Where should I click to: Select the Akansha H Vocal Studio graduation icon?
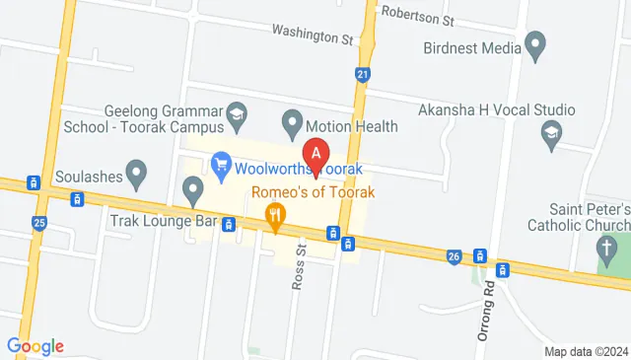pos(551,132)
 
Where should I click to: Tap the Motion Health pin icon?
pos(292,124)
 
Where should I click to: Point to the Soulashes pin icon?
pos(138,174)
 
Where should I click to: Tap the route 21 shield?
pos(363,74)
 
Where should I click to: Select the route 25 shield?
pos(39,224)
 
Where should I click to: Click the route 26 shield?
pos(454,256)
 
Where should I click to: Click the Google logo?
pos(35,345)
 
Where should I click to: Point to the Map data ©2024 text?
pos(586,351)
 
